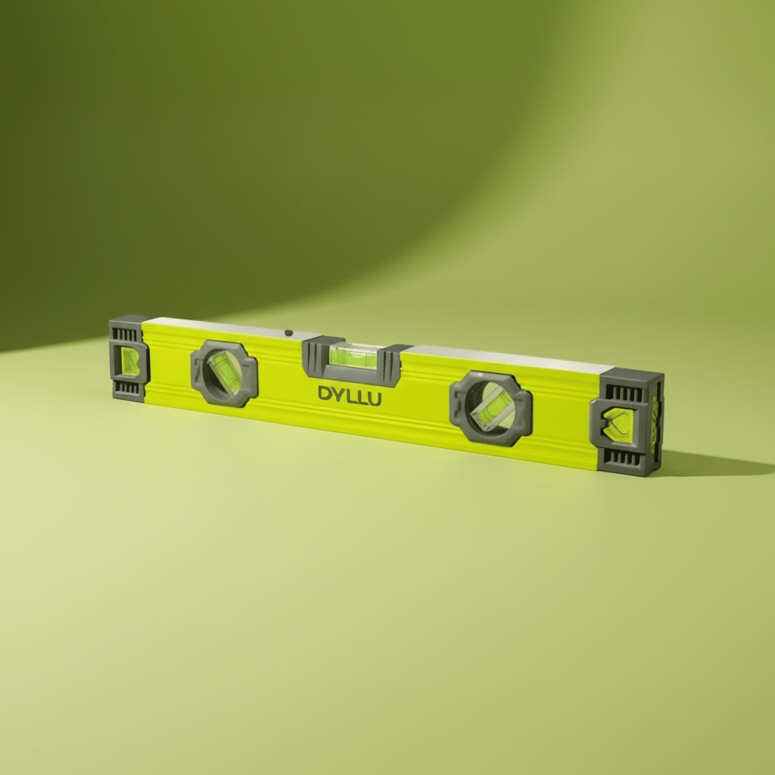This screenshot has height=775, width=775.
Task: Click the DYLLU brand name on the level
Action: click(x=350, y=396)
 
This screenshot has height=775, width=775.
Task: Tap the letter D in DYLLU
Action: click(x=325, y=394)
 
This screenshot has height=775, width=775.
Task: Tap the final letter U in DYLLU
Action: click(x=373, y=399)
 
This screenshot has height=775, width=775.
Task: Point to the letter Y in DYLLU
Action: click(x=338, y=394)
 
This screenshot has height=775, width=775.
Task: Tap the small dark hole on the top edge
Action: click(x=288, y=331)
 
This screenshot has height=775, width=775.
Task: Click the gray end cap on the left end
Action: click(x=129, y=357)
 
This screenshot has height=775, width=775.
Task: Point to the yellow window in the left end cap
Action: click(x=131, y=362)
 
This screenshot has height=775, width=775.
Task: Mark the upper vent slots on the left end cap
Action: click(x=126, y=334)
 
